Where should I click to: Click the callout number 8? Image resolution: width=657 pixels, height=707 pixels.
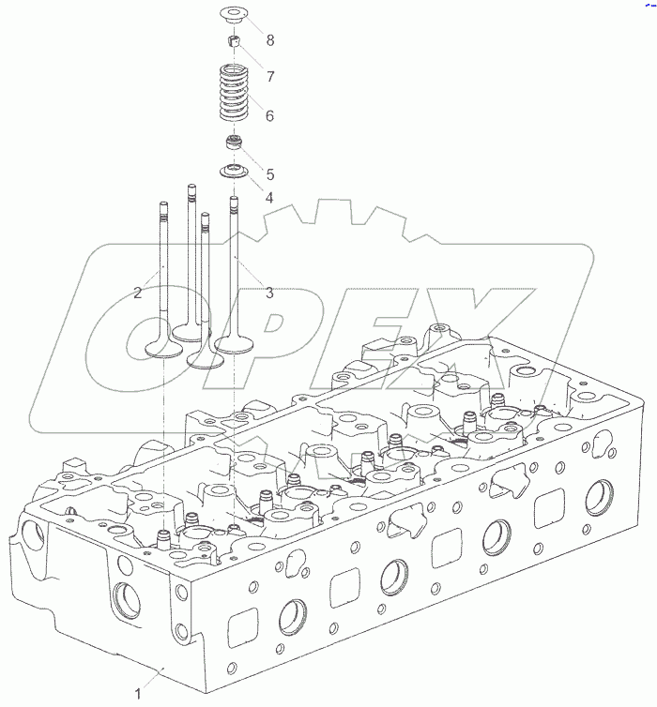point(270,40)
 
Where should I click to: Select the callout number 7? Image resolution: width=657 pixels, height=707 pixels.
point(270,77)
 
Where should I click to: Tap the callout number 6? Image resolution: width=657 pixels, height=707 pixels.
point(269,116)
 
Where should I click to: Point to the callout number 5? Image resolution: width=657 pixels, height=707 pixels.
point(270,174)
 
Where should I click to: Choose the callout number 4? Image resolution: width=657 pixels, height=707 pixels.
point(269,198)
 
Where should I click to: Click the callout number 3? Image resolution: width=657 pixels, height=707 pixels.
point(269,293)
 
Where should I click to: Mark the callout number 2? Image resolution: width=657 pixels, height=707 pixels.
point(138,293)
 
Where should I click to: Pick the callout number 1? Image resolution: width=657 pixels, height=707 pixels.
point(138,693)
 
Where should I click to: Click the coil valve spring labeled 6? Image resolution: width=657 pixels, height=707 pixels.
point(235,94)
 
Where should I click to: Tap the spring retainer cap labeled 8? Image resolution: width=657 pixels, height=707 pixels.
point(235,15)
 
